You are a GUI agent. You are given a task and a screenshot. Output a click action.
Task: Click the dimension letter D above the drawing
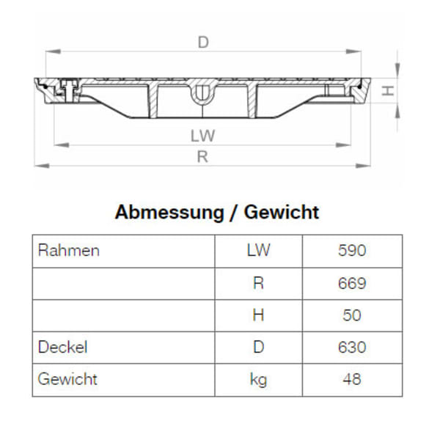[203, 42]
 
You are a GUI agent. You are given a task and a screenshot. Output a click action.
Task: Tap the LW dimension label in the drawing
[202, 136]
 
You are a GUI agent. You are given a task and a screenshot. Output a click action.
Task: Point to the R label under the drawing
[203, 156]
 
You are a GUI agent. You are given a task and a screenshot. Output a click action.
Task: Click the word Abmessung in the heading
[169, 213]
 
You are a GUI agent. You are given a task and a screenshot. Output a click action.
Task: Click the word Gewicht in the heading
[282, 213]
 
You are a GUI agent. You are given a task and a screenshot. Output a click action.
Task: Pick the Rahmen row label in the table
[68, 251]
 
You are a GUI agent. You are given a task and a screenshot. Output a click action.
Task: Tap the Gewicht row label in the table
[67, 379]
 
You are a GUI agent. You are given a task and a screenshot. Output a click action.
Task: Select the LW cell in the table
[258, 251]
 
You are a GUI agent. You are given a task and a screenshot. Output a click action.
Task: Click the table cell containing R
[258, 283]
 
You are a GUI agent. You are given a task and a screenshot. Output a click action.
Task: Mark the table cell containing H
[258, 315]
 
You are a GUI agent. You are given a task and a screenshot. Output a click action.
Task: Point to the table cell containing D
[258, 347]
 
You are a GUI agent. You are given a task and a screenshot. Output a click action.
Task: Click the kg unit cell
[258, 379]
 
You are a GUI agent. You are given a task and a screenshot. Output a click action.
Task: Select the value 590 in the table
[352, 251]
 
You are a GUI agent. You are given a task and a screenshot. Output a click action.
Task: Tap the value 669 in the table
[352, 283]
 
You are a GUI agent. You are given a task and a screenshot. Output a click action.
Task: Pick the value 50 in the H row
[352, 315]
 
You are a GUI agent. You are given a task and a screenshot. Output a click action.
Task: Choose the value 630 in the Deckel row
[352, 347]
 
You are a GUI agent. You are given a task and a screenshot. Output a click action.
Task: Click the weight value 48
[352, 379]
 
